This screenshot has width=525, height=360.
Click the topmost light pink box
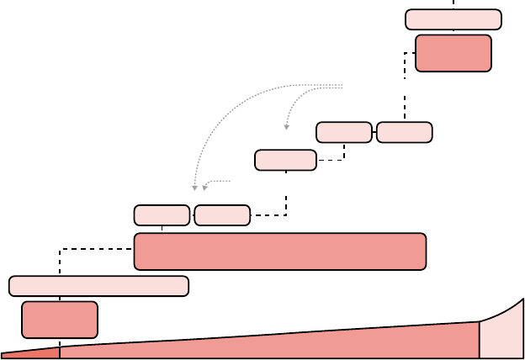(453, 19)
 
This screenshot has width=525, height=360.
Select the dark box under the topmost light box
(453, 53)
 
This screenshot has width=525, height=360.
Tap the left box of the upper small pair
(343, 132)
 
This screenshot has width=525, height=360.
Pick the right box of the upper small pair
(404, 132)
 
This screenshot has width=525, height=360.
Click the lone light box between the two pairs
(285, 160)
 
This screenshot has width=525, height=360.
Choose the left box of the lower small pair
(162, 215)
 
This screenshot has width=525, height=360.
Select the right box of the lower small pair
(222, 215)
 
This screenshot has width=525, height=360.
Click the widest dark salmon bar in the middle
(279, 251)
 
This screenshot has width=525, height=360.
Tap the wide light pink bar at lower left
(98, 286)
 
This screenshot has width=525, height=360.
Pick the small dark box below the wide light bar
(60, 320)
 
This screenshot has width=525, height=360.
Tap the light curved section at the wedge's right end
(503, 332)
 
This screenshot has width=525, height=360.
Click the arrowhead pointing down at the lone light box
(286, 127)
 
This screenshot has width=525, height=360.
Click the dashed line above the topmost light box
(453, 3)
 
